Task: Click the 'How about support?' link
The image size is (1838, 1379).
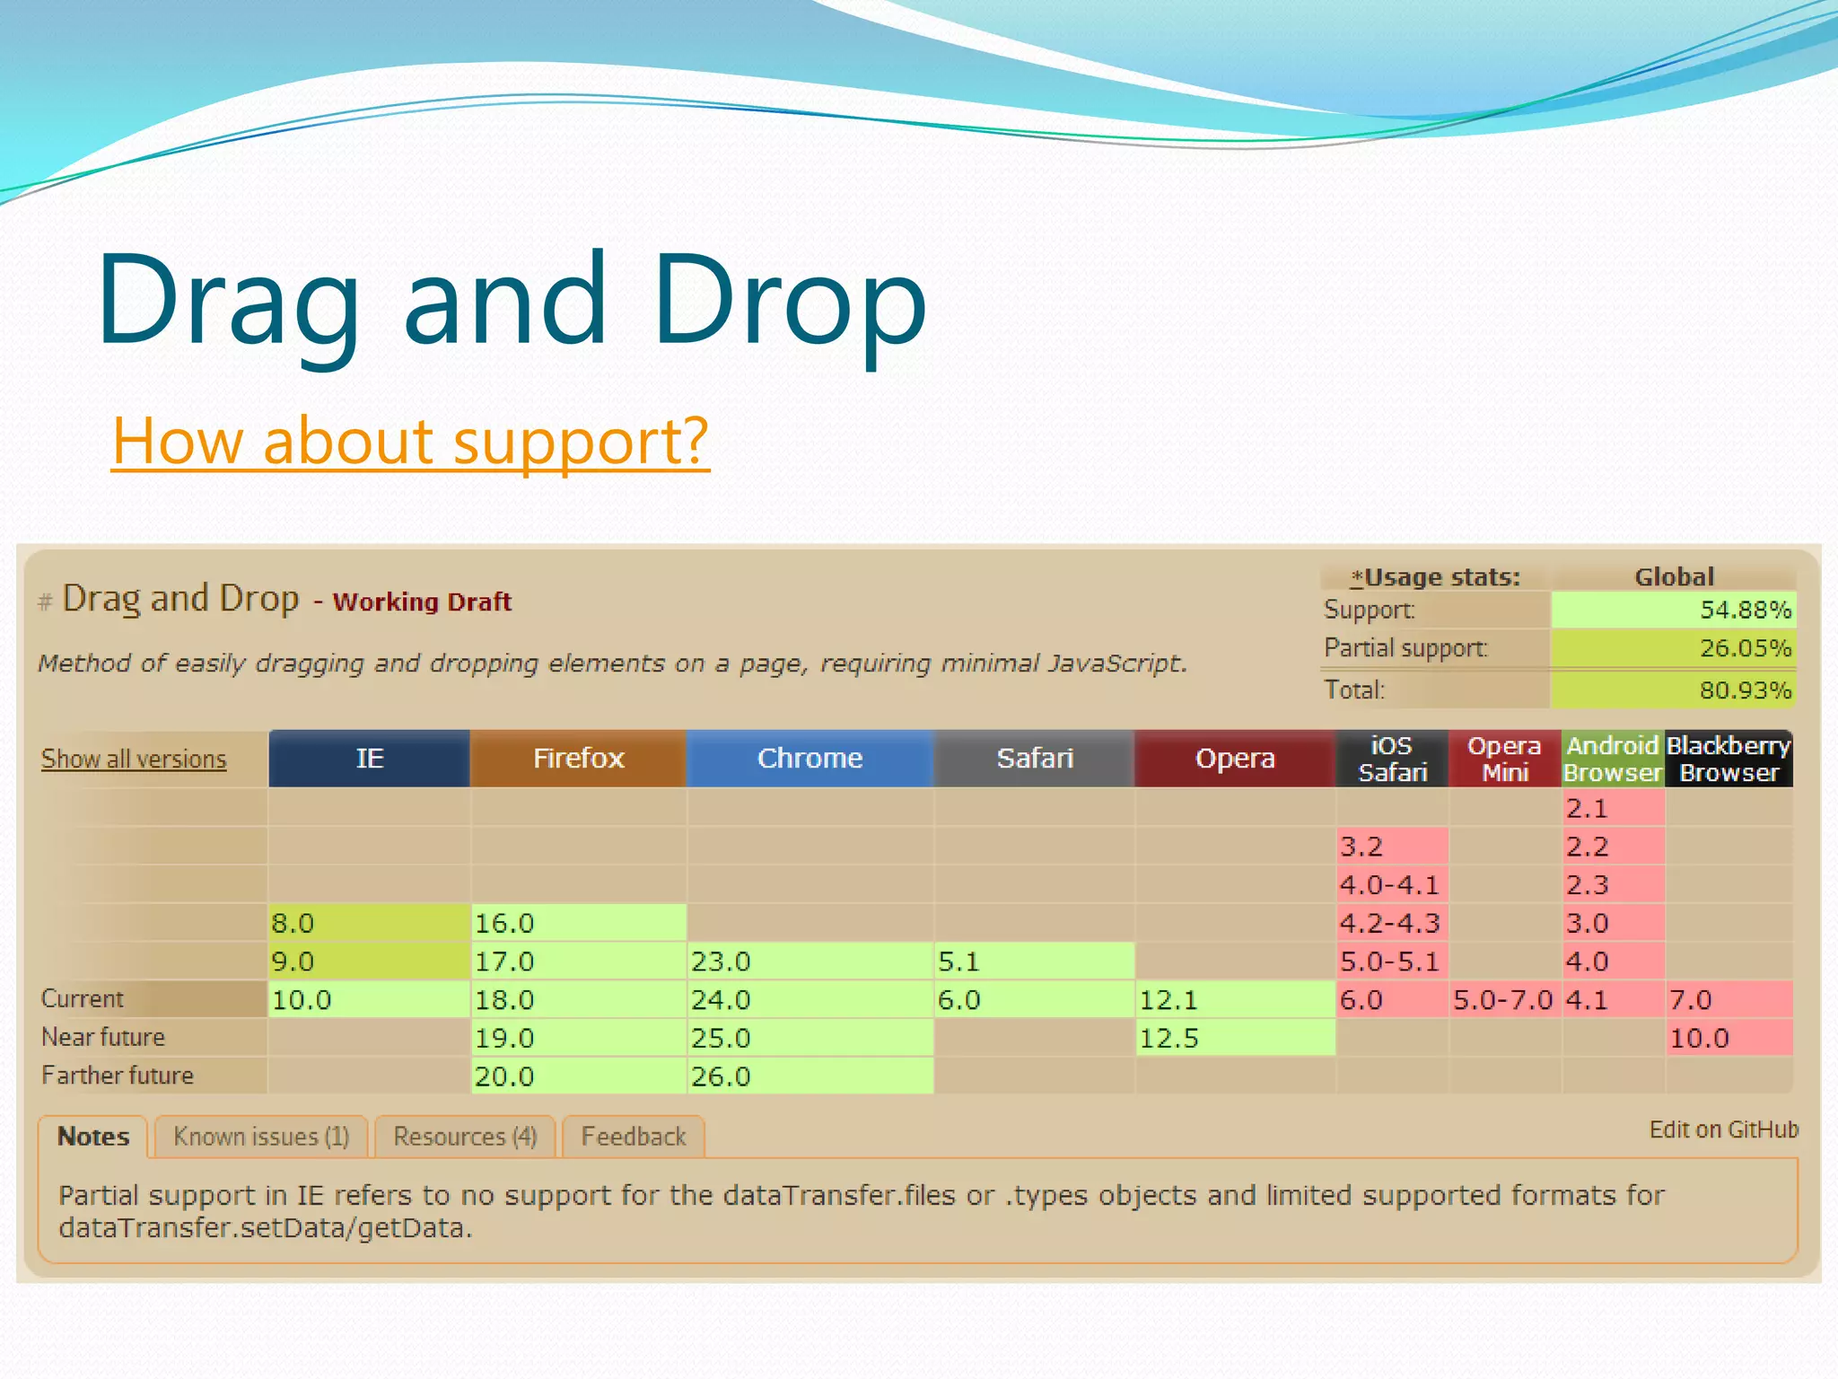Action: click(410, 442)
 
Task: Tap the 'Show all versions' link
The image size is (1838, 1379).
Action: click(134, 760)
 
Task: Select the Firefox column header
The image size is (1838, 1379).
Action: click(578, 759)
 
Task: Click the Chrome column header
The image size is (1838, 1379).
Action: click(810, 759)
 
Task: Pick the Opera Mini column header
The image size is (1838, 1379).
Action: click(1504, 759)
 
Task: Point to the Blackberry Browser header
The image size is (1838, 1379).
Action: click(1729, 759)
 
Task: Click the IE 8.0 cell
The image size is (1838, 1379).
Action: click(369, 923)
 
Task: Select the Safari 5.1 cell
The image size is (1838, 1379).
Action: click(1034, 962)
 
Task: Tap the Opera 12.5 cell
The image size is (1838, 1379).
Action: click(1235, 1039)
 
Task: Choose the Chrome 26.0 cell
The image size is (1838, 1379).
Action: click(810, 1076)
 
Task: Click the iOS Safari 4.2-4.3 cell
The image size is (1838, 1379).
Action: click(1391, 923)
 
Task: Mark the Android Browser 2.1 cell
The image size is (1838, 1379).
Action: click(1613, 808)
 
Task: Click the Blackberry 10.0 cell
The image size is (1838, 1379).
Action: click(1729, 1039)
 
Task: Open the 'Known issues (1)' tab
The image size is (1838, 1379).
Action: click(261, 1137)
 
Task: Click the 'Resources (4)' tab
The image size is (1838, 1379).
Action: click(465, 1137)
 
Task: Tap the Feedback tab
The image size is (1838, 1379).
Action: click(634, 1137)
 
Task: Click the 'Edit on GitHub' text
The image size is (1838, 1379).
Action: click(1723, 1129)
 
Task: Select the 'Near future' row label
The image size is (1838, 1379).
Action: click(103, 1038)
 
